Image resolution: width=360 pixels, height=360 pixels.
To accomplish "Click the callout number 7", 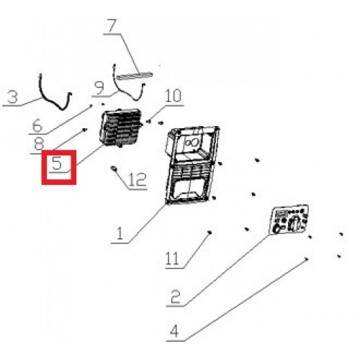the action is [112, 26].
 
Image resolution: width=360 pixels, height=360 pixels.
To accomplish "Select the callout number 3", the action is [13, 97].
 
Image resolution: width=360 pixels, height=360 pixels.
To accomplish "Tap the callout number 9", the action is [99, 88].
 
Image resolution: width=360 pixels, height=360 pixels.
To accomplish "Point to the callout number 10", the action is [173, 96].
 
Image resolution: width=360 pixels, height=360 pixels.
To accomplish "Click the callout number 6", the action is [37, 125].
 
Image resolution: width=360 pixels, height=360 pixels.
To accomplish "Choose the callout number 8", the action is [40, 144].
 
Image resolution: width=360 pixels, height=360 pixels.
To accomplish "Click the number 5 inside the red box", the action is [57, 163].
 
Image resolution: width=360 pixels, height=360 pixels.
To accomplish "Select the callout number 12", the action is [138, 180].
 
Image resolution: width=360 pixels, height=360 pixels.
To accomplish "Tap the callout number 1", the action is [120, 233].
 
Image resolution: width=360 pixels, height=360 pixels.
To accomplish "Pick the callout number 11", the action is [172, 258].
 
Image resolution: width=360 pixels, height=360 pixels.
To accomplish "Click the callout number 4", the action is [174, 331].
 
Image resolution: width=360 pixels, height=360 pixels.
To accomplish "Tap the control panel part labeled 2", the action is [289, 220].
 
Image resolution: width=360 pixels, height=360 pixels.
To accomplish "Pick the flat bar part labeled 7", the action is [134, 75].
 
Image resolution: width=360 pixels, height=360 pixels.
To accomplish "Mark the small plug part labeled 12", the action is [113, 168].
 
